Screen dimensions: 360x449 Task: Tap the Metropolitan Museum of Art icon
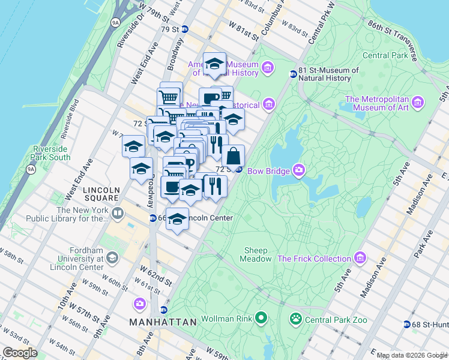(418, 103)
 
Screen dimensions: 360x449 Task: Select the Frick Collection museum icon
(360, 258)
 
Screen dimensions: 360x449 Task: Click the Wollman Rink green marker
(261, 317)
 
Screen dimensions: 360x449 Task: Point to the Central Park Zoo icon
(295, 319)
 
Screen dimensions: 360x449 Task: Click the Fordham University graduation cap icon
(112, 258)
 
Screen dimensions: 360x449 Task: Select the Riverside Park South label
(52, 153)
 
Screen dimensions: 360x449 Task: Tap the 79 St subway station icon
(185, 29)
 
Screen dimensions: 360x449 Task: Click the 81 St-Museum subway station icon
(293, 74)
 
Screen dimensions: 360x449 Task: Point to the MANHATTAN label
(163, 322)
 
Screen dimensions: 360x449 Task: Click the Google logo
(20, 352)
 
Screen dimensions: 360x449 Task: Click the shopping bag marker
(234, 156)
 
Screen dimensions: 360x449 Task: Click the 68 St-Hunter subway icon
(407, 324)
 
